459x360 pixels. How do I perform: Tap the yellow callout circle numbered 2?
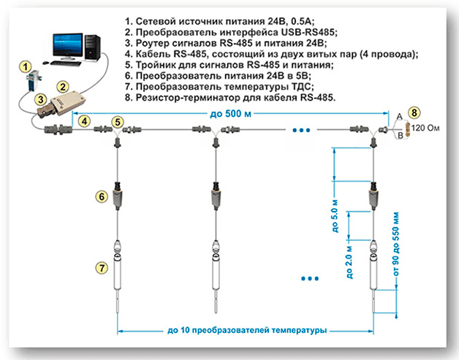coord(64,87)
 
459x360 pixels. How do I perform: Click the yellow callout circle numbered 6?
coord(102,196)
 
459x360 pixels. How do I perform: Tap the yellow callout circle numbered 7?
coord(102,267)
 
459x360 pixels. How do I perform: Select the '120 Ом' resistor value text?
coord(428,129)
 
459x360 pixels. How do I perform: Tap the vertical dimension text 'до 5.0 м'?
coord(337,211)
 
